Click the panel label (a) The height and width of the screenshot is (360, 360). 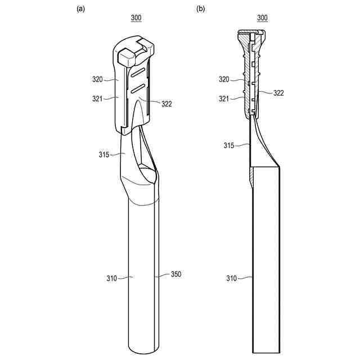click(x=80, y=9)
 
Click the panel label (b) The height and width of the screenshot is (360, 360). click(x=201, y=9)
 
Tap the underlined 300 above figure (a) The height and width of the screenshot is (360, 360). click(x=136, y=18)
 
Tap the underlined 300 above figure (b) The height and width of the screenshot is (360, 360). click(x=263, y=18)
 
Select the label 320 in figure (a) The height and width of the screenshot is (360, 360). click(x=97, y=79)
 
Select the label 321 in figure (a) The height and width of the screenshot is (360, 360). click(x=97, y=99)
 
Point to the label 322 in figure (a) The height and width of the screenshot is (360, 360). click(x=166, y=104)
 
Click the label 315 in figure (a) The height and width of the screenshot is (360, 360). click(x=103, y=155)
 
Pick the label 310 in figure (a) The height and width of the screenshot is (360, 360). click(x=112, y=278)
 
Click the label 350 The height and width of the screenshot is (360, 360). click(x=176, y=274)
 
